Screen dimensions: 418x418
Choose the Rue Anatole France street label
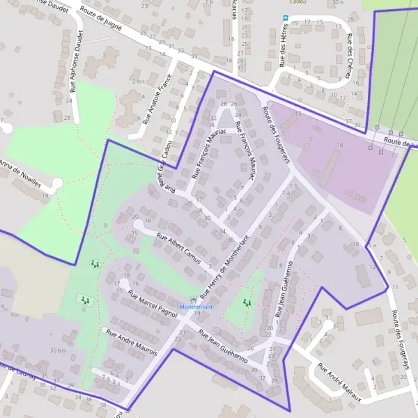click(x=157, y=99)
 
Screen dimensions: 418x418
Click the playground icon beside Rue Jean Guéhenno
click(x=246, y=303)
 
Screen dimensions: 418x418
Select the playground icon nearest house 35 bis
click(x=85, y=300)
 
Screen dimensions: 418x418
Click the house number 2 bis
click(x=139, y=82)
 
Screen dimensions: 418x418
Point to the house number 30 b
click(x=339, y=3)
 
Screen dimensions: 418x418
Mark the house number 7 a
click(x=286, y=193)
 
